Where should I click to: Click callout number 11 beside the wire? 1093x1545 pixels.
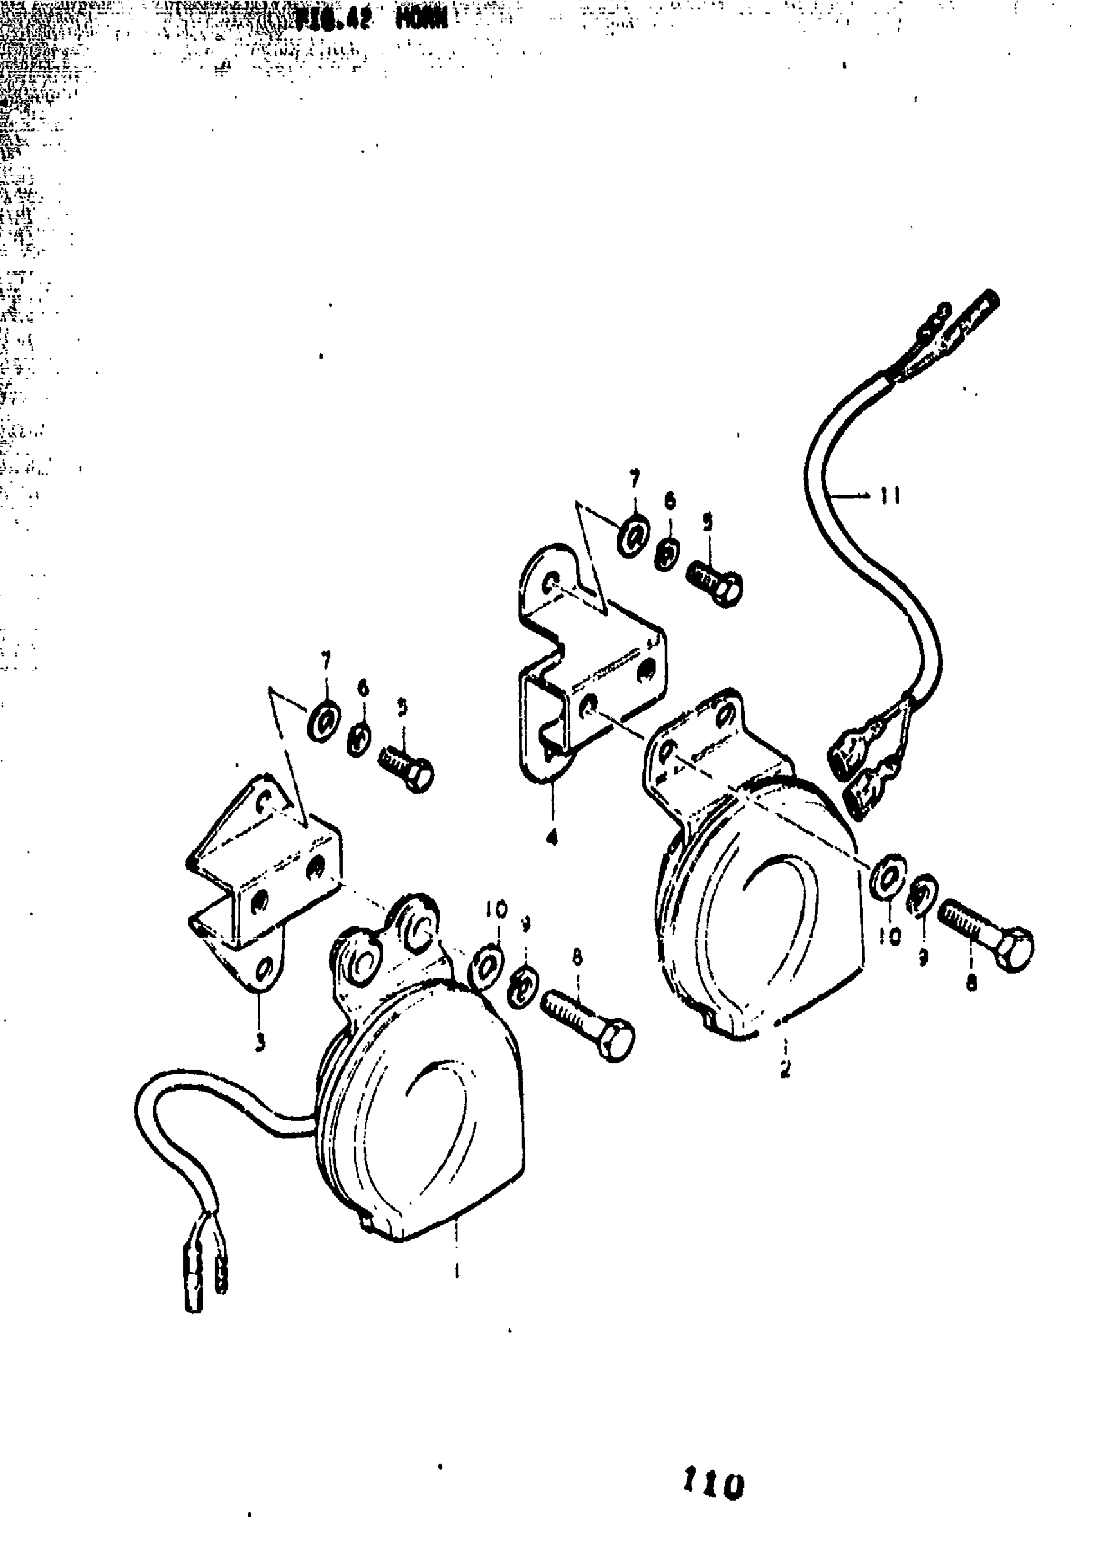[890, 497]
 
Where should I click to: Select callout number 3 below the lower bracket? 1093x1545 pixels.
[260, 1043]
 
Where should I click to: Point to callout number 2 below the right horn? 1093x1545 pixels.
[785, 1068]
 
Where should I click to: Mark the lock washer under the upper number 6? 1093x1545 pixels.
[667, 554]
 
